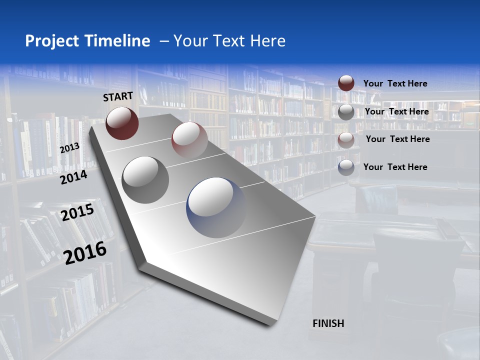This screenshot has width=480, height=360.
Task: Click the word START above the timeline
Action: [x=118, y=96]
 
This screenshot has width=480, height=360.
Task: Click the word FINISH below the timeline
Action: [x=328, y=323]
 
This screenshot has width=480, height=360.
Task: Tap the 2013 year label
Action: [x=69, y=148]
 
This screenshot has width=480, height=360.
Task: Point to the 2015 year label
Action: [x=77, y=212]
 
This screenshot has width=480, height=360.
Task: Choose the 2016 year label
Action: [x=85, y=252]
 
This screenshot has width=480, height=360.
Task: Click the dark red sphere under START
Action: [x=122, y=123]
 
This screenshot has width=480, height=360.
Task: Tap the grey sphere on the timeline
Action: [x=145, y=179]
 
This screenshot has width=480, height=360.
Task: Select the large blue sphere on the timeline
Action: [x=216, y=207]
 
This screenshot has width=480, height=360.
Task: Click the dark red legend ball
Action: [x=346, y=83]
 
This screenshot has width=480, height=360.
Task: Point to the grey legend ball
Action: [x=346, y=112]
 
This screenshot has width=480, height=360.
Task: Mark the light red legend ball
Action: [x=346, y=140]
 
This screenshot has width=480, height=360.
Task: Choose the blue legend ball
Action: [x=346, y=167]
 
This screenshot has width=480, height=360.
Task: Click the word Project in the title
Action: [x=52, y=41]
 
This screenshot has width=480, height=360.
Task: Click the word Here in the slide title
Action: [x=267, y=41]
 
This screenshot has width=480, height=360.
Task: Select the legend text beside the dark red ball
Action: [x=395, y=83]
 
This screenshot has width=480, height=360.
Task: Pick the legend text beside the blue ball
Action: [x=395, y=167]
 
